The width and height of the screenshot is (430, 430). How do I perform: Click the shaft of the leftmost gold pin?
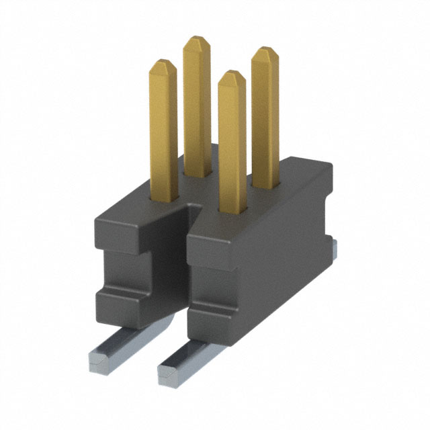click(x=164, y=134)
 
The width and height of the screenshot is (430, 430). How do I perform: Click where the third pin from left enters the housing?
click(x=231, y=212)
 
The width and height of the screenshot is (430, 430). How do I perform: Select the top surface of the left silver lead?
click(x=121, y=339)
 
